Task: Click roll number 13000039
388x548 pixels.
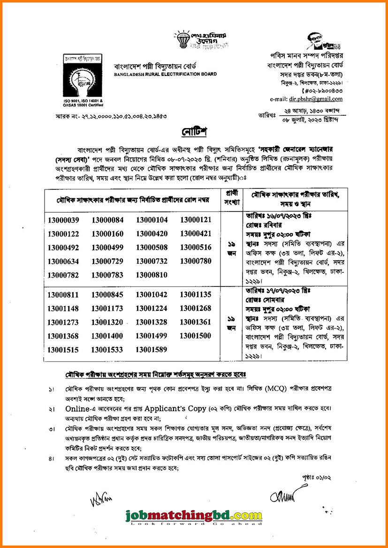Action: (x=63, y=220)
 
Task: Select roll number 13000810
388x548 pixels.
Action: (x=152, y=274)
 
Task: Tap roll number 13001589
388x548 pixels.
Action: (x=152, y=349)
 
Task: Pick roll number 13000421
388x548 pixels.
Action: (x=196, y=233)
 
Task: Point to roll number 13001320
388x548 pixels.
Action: (x=107, y=322)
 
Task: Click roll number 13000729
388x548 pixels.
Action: (x=107, y=261)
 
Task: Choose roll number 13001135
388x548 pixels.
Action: (x=196, y=294)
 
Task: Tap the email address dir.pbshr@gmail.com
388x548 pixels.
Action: (x=319, y=99)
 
